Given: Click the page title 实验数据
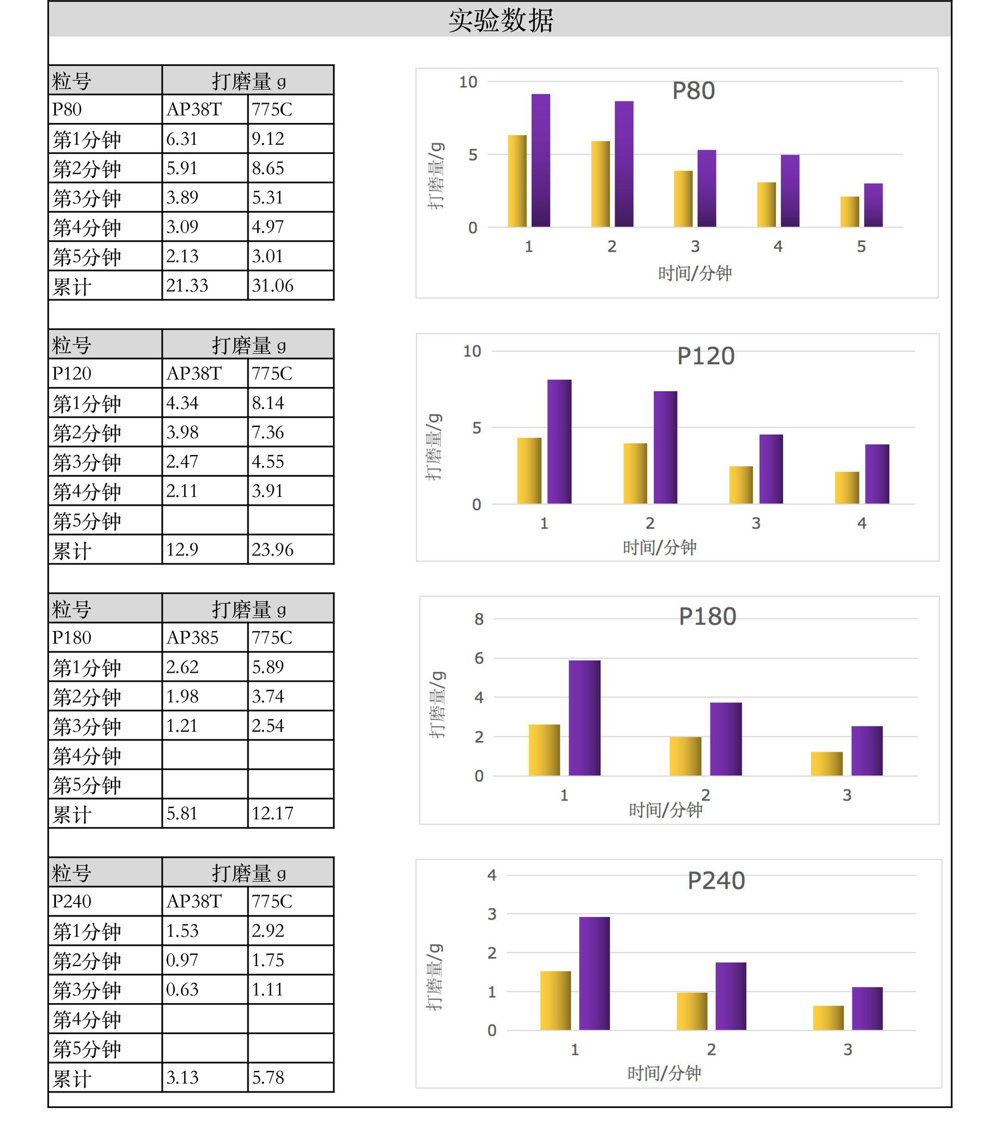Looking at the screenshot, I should [501, 20].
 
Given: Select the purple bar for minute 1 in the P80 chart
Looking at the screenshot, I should [541, 160].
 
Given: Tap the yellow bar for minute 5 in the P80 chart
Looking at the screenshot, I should [849, 212].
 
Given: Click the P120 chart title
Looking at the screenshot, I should [706, 356].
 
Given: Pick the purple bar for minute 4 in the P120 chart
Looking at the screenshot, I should [877, 474].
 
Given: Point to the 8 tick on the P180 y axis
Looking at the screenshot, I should [479, 619].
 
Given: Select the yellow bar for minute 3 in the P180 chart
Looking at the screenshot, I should [827, 764].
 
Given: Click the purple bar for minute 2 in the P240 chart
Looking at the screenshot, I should [731, 997].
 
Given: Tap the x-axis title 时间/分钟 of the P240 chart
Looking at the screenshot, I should [664, 1074].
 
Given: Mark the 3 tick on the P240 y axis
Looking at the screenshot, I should [492, 914].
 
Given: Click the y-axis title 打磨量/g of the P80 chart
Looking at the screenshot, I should [436, 176].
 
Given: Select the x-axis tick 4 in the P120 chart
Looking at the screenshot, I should [861, 524].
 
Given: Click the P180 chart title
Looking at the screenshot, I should [708, 617].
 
